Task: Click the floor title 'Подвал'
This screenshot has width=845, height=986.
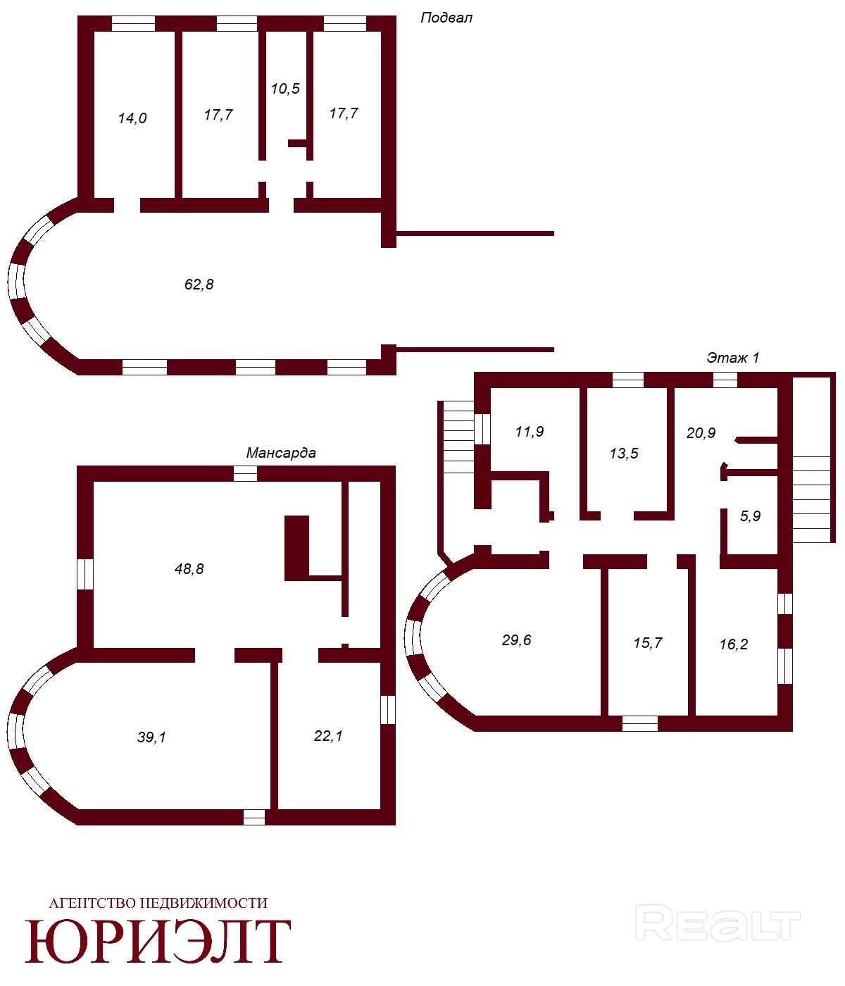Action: click(x=446, y=18)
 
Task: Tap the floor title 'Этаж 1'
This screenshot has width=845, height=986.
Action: click(x=732, y=358)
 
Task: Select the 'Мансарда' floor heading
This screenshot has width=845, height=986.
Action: click(x=281, y=452)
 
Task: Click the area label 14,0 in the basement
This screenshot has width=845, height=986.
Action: click(x=132, y=118)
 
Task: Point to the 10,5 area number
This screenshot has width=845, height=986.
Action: click(x=285, y=88)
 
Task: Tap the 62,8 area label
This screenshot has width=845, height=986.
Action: click(x=199, y=285)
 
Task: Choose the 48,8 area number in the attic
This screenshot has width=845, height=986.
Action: click(x=189, y=568)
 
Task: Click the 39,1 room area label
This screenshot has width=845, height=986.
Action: click(x=151, y=737)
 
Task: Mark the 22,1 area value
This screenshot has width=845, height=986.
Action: click(x=328, y=735)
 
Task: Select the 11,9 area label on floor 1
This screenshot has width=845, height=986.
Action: click(x=530, y=431)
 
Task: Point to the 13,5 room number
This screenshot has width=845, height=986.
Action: click(x=624, y=453)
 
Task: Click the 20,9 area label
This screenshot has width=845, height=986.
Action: click(x=701, y=432)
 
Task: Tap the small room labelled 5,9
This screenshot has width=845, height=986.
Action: click(x=750, y=516)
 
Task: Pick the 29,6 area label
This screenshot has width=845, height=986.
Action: click(x=516, y=639)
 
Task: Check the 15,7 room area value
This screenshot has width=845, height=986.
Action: click(x=648, y=642)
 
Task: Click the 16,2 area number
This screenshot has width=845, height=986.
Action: click(x=734, y=644)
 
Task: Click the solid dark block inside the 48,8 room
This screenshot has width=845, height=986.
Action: click(x=296, y=548)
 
